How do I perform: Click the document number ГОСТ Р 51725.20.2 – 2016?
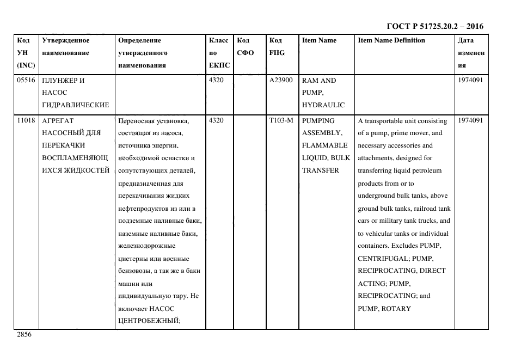pyautogui.click(x=434, y=26)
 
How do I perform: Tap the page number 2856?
pyautogui.click(x=24, y=334)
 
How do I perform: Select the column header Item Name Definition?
pyautogui.click(x=391, y=40)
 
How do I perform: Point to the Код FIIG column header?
pyautogui.click(x=277, y=47)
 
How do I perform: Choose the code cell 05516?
pyautogui.click(x=26, y=81)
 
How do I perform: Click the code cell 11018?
pyautogui.click(x=26, y=121)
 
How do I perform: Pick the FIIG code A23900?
pyautogui.click(x=281, y=81)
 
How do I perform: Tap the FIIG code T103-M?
pyautogui.click(x=281, y=121)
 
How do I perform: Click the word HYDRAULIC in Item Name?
pyautogui.click(x=323, y=105)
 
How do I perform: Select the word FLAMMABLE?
pyautogui.click(x=324, y=145)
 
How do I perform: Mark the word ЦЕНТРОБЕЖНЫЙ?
pyautogui.click(x=149, y=321)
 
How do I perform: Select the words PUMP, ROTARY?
pyautogui.click(x=384, y=309)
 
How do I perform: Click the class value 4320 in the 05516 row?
pyautogui.click(x=217, y=81)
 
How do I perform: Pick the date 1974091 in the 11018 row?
pyautogui.click(x=470, y=121)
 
